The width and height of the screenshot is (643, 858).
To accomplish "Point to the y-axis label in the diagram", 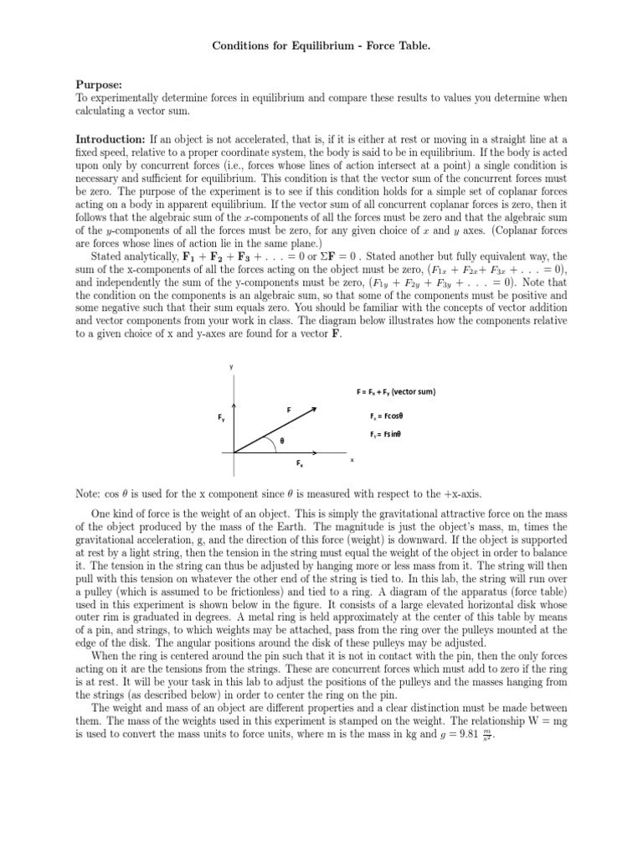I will tap(232, 367).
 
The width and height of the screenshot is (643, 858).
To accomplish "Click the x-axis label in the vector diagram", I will tap(352, 459).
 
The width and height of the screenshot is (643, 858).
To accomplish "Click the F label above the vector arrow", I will tap(289, 410).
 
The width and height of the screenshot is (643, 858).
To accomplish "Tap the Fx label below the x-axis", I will tap(299, 463).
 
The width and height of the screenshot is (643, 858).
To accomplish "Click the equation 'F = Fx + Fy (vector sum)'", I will tap(396, 392).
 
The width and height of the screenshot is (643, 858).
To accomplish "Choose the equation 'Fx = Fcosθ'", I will tap(387, 416).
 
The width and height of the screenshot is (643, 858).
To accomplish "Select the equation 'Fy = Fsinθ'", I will tap(387, 435).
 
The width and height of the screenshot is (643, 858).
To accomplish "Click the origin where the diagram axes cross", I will tap(235, 452).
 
